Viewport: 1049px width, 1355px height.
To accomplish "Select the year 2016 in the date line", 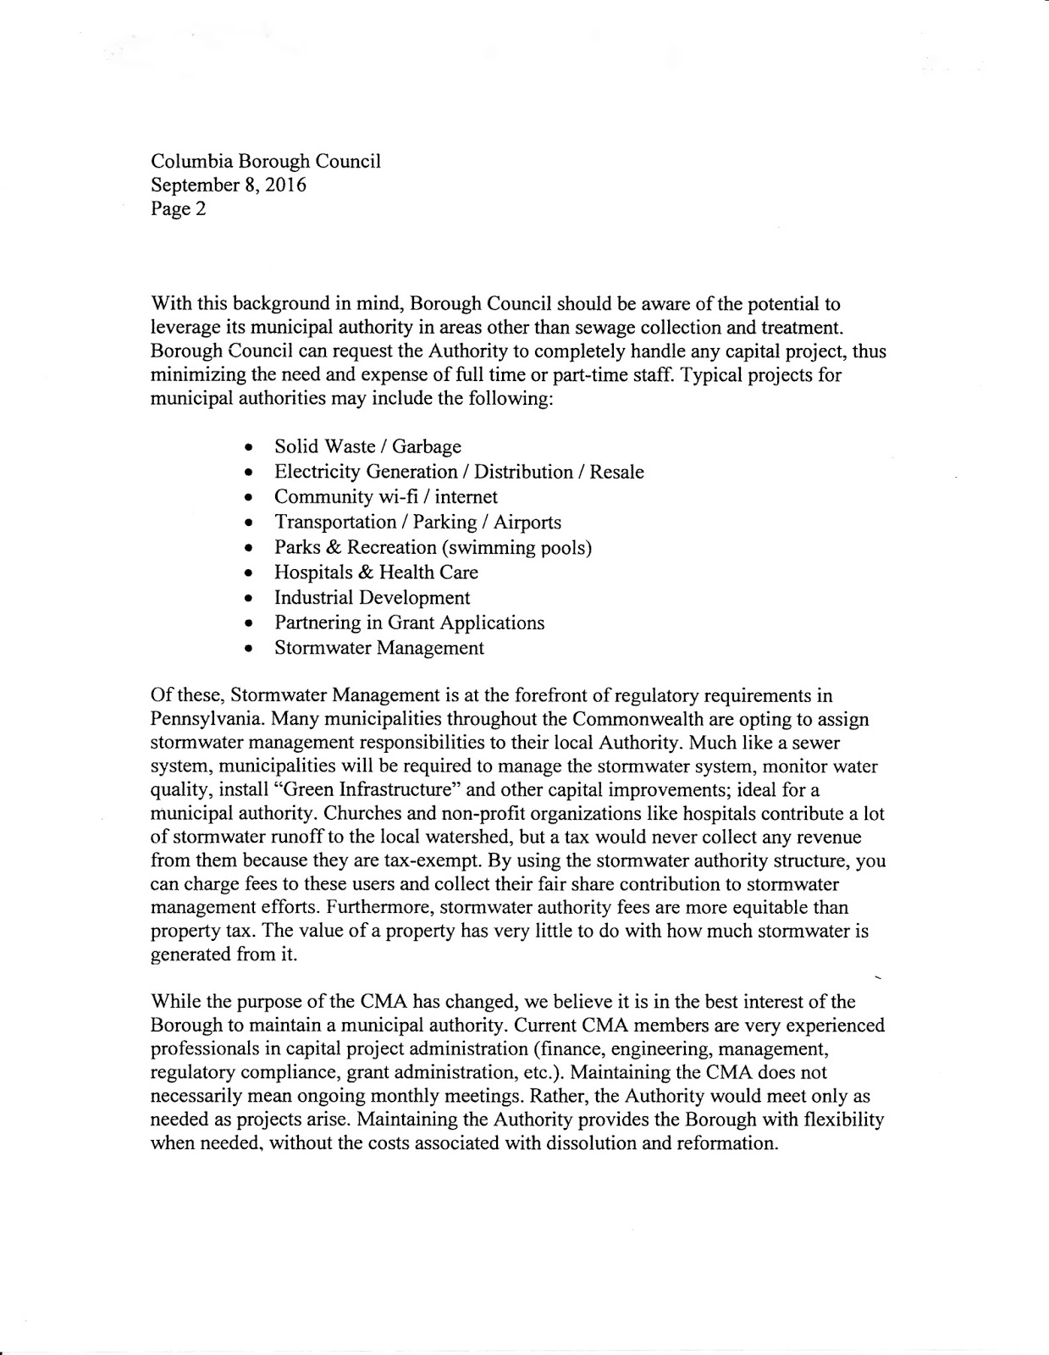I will pos(285,185).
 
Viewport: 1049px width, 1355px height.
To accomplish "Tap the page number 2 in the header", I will pos(201,209).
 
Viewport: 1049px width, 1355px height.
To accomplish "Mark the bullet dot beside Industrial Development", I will pos(248,599).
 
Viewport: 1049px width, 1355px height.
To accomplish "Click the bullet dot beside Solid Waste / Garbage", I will pos(248,447).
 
